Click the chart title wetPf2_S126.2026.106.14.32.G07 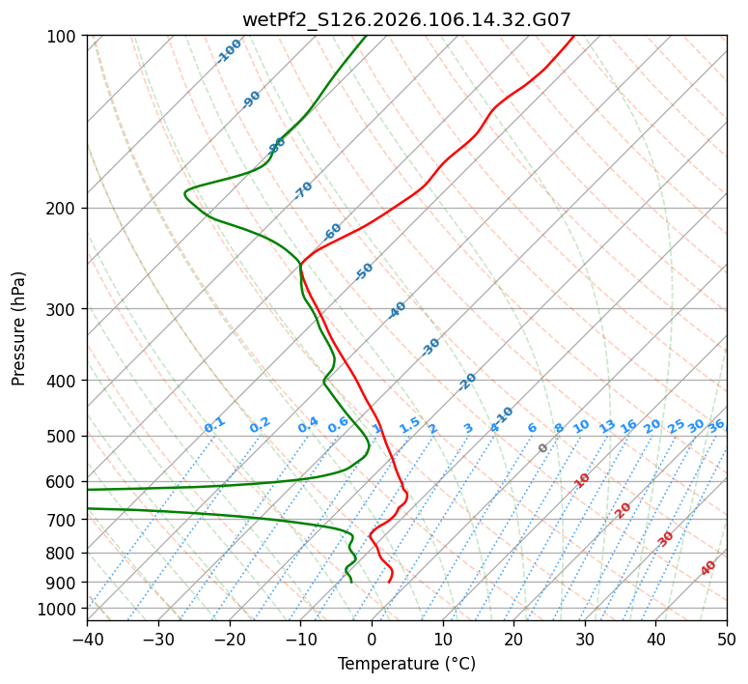coord(406,19)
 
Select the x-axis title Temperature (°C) coord(406,665)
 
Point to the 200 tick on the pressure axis coord(62,209)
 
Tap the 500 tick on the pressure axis coord(62,437)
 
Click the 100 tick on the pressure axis coord(62,37)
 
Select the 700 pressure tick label coord(62,521)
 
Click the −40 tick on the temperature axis coord(87,639)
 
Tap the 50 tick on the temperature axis coord(727,639)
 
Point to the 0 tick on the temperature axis coord(372,639)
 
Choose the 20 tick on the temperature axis coord(513,639)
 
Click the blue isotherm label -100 coord(229,51)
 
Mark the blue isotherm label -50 coord(364,271)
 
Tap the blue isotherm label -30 coord(430,347)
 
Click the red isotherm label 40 coord(708,568)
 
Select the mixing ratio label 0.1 coord(214,425)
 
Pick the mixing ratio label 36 coord(716,425)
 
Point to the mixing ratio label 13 coord(607,426)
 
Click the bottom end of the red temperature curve coord(389,583)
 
